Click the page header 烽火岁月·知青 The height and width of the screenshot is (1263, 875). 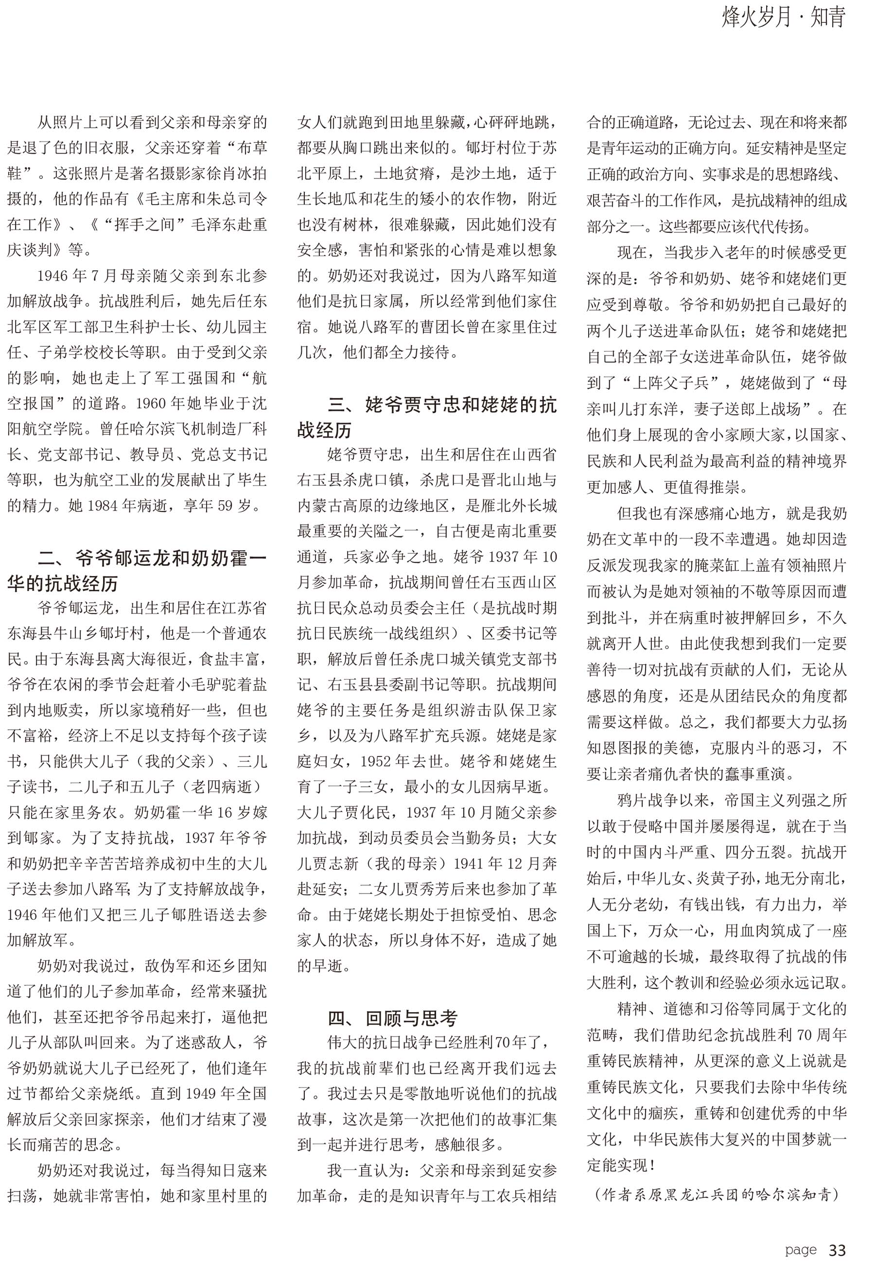[x=784, y=18]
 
